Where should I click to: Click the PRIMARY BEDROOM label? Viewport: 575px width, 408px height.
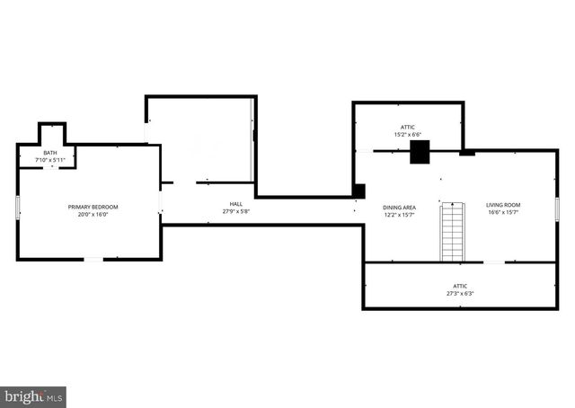(93, 207)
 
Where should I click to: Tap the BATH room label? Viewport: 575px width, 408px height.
(50, 153)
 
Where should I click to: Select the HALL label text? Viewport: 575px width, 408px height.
(235, 204)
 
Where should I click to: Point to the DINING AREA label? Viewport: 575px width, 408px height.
(399, 208)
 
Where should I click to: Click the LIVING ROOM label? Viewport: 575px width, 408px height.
(503, 205)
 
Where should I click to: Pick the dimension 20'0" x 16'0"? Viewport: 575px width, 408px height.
(93, 214)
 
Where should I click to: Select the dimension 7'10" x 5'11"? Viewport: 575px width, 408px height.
(50, 160)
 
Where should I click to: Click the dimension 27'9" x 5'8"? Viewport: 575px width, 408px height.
(235, 211)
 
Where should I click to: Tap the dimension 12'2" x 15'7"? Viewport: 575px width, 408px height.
(399, 215)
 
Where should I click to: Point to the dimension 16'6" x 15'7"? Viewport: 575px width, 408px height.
(503, 212)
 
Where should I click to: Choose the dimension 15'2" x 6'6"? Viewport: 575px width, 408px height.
(407, 135)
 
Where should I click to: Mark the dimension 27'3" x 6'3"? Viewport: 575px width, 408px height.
(460, 294)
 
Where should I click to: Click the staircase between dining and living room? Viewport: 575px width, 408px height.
(453, 232)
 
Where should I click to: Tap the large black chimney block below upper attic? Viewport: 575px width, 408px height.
(420, 152)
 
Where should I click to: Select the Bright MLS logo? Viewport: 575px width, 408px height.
(33, 397)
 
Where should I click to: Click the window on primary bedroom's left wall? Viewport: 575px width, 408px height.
(18, 208)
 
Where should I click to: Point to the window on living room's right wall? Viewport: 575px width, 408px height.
(557, 209)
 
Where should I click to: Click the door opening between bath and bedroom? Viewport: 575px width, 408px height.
(51, 168)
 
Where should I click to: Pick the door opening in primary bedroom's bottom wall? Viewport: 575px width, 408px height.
(93, 260)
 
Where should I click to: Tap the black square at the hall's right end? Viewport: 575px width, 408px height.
(359, 191)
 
